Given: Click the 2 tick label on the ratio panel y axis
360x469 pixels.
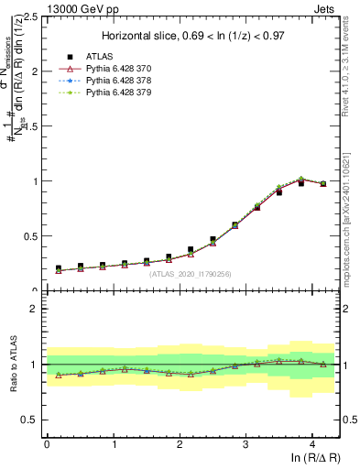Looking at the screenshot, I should (x=33, y=309).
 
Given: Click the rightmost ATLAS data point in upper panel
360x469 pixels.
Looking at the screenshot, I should (x=322, y=183).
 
